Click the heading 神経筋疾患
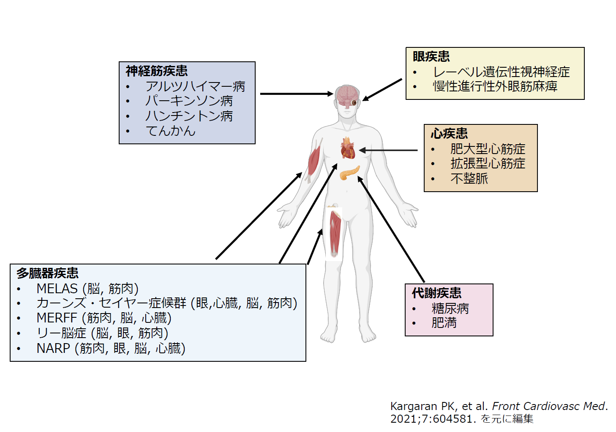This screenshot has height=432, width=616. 156,71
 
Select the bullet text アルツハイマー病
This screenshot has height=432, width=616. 195,86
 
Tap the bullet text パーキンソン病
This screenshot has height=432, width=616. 189,101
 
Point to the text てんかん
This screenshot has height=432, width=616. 170,131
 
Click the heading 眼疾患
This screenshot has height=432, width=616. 431,56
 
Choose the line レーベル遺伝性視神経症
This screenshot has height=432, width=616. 501,72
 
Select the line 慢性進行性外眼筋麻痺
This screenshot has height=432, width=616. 495,86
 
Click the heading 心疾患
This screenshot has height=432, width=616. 449,134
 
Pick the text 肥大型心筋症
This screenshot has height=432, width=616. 488,149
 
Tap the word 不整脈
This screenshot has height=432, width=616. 469,179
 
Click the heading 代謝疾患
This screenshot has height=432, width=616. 436,293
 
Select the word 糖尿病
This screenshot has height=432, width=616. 450,308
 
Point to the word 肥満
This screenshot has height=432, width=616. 444,323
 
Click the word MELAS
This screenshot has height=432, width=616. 57,289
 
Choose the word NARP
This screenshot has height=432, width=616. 53,348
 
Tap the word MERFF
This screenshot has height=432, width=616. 57,318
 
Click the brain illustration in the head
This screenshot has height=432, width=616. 346,96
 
